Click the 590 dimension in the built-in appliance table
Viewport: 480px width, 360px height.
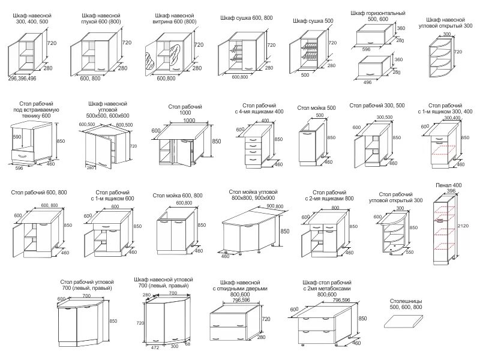click(x=17, y=136)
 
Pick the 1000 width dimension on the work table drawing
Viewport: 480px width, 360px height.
click(x=189, y=121)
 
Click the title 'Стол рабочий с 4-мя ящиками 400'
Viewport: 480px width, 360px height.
click(x=259, y=108)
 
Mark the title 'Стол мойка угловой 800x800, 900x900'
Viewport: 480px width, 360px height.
click(x=252, y=194)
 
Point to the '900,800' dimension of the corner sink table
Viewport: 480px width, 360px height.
click(x=274, y=206)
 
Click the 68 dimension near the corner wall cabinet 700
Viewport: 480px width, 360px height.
click(x=187, y=343)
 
